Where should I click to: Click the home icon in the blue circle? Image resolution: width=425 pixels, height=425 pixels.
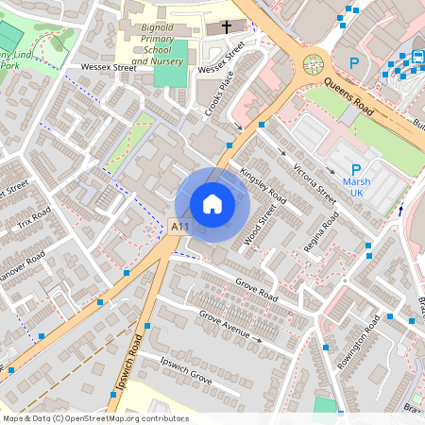(x=212, y=203)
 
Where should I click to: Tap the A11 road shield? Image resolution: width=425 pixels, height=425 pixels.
(x=179, y=226)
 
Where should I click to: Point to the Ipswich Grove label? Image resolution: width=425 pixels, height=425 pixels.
(x=186, y=369)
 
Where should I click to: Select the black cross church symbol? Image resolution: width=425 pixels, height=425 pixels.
(x=223, y=27)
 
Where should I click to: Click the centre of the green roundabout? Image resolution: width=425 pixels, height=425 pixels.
(x=312, y=64)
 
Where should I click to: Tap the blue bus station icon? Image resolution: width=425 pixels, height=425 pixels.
(x=416, y=57)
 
